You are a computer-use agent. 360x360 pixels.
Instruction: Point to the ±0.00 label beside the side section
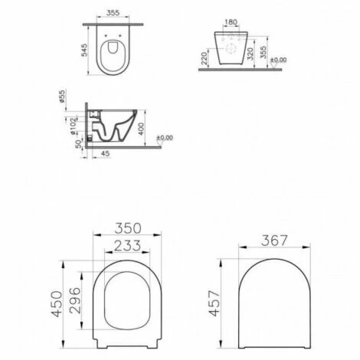[165, 139]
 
